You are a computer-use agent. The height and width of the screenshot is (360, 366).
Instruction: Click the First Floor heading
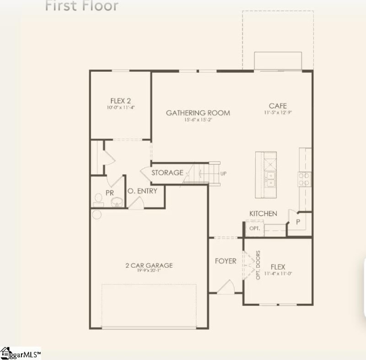pyautogui.click(x=82, y=6)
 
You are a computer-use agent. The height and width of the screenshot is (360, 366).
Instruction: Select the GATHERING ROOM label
pyautogui.click(x=198, y=113)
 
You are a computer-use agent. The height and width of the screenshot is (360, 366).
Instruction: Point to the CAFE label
pyautogui.click(x=278, y=106)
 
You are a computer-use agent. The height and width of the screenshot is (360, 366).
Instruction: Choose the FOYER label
pyautogui.click(x=226, y=261)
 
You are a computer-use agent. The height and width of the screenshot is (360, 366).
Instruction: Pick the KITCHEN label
pyautogui.click(x=263, y=214)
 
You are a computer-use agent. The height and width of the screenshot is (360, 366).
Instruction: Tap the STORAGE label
pyautogui.click(x=167, y=173)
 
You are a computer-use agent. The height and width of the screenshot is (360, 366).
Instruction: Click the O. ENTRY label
pyautogui.click(x=142, y=191)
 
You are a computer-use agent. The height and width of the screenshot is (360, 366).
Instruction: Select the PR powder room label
pyautogui.click(x=110, y=193)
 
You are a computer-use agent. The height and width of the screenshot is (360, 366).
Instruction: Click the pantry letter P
pyautogui.click(x=298, y=222)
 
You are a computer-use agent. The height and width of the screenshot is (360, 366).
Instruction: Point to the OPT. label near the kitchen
pyautogui.click(x=254, y=228)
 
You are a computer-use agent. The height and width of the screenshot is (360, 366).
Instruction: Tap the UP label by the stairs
pyautogui.click(x=223, y=174)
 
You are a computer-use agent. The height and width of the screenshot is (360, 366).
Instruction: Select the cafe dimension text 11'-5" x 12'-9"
pyautogui.click(x=278, y=113)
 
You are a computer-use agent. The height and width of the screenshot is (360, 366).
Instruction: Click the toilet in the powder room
pyautogui.click(x=98, y=199)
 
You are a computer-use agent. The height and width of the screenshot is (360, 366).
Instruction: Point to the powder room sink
pyautogui.click(x=117, y=202)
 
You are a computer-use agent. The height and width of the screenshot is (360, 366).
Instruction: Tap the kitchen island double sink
pyautogui.click(x=271, y=179)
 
